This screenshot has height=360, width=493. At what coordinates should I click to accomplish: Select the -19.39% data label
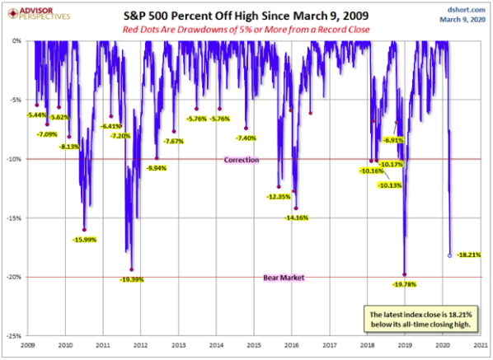pyautogui.click(x=132, y=279)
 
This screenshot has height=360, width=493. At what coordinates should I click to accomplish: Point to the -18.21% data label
pyautogui.click(x=468, y=255)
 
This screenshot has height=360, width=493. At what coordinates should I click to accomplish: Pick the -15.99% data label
pyautogui.click(x=84, y=240)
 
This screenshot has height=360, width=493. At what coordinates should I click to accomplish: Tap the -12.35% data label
pyautogui.click(x=279, y=197)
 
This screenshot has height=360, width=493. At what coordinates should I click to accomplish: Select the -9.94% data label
pyautogui.click(x=157, y=168)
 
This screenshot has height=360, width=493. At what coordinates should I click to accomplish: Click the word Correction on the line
pyautogui.click(x=242, y=159)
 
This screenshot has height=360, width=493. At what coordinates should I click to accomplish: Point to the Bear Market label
pyautogui.click(x=283, y=278)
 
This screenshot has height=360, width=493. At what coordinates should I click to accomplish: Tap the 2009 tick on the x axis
pyautogui.click(x=27, y=344)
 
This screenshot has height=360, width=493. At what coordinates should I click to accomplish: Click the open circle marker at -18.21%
pyautogui.click(x=449, y=255)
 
